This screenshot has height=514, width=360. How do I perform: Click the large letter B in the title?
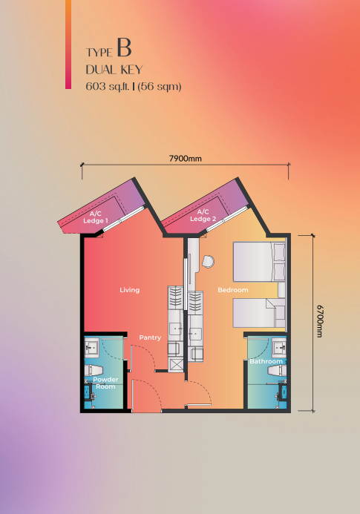[x=124, y=48]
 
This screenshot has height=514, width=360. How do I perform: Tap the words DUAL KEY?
[x=114, y=70]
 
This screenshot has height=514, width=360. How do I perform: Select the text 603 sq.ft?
[x=108, y=87]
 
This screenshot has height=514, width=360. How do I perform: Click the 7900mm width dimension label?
[x=185, y=159]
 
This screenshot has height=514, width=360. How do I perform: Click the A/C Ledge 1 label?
[x=96, y=217]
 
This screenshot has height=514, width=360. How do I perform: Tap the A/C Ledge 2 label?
[x=203, y=215]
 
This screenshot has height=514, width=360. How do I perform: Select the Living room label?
[x=130, y=290]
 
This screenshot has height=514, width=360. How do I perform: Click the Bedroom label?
[x=233, y=290]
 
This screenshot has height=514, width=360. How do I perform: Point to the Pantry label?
[x=150, y=337]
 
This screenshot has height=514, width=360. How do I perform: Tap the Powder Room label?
[x=105, y=383]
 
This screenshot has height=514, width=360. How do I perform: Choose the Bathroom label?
[x=266, y=361]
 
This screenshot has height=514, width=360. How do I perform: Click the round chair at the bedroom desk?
[x=208, y=262]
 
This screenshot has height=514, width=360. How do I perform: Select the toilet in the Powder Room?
[x=94, y=370]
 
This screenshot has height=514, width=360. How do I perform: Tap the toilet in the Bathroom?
[x=277, y=371]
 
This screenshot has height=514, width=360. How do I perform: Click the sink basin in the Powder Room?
[x=91, y=347]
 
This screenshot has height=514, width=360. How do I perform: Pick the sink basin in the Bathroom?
[x=279, y=347]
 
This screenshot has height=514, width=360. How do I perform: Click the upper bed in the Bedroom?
[x=259, y=262]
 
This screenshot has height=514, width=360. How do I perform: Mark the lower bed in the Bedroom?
[x=259, y=313]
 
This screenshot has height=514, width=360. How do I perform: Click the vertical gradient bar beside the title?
[x=68, y=45]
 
